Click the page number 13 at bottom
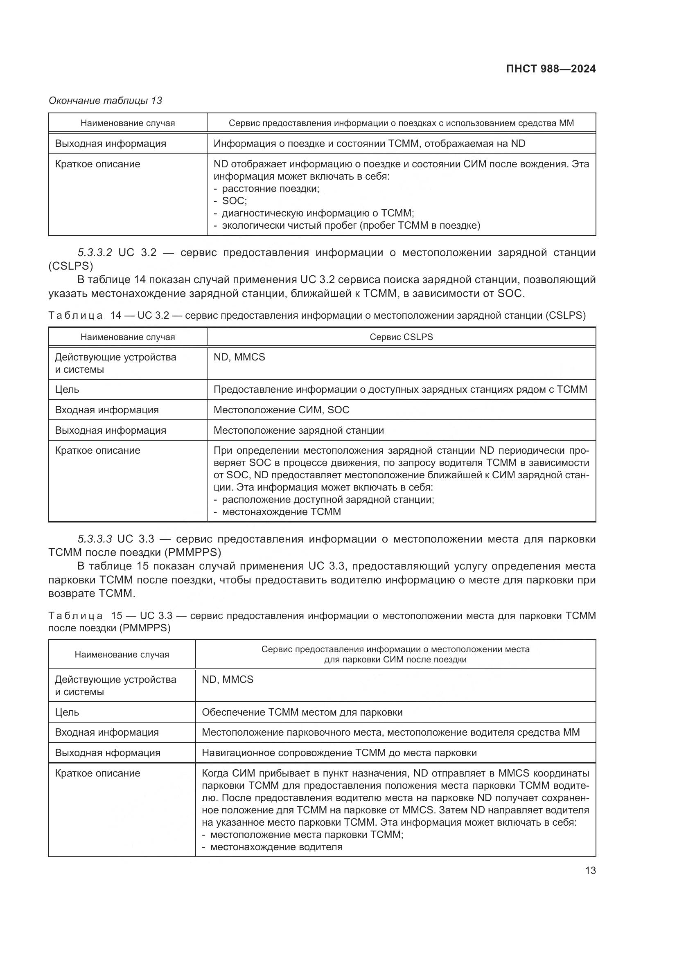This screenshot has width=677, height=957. click(590, 870)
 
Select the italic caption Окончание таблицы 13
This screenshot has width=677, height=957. click(105, 101)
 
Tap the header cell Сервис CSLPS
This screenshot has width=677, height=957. click(401, 337)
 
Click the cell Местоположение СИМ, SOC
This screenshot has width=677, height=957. click(281, 410)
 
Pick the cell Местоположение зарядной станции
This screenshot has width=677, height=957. click(298, 430)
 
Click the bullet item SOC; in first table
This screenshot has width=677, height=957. click(234, 201)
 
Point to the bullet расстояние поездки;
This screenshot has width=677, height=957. click(270, 189)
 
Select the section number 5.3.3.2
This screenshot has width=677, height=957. click(95, 252)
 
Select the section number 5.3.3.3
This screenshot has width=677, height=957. click(95, 539)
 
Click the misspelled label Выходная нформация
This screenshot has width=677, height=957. click(108, 753)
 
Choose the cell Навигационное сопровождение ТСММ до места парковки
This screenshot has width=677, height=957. click(339, 753)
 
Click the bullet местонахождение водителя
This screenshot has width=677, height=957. click(276, 847)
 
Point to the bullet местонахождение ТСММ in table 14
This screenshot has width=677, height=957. click(281, 511)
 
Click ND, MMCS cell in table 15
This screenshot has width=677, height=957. click(227, 680)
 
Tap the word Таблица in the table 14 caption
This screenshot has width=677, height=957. click(75, 315)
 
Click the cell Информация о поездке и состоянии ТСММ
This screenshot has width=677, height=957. click(369, 143)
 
